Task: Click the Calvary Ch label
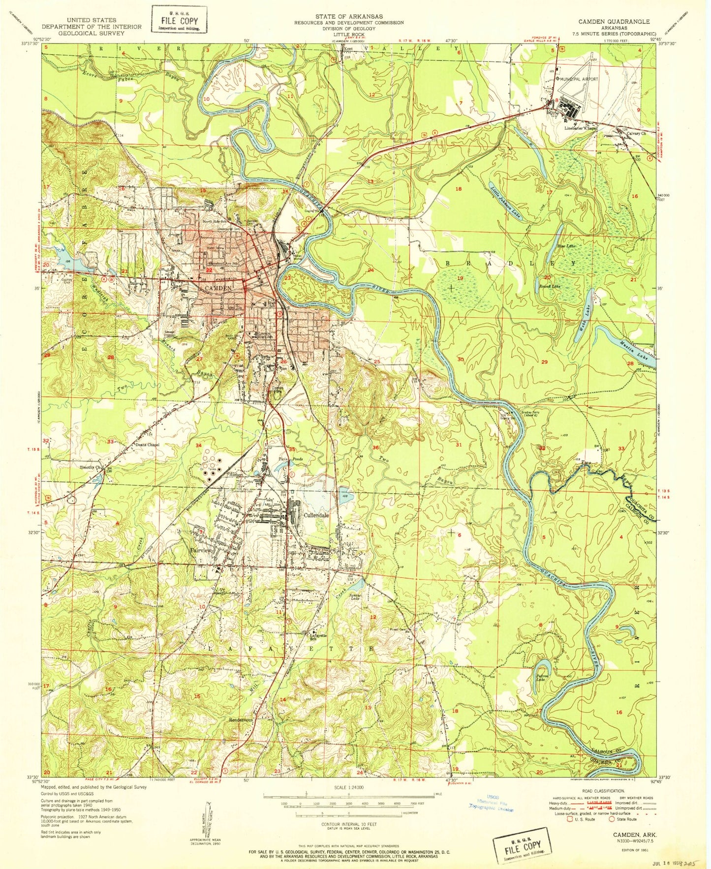636,133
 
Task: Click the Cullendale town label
316,515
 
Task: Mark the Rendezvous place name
241,719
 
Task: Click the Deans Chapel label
147,445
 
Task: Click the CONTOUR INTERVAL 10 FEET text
348,824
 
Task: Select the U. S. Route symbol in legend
570,819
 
